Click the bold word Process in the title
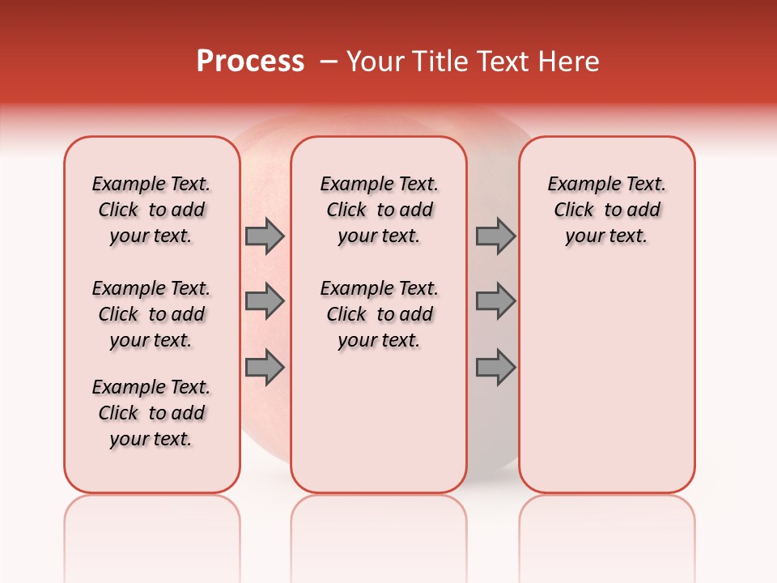coord(250,62)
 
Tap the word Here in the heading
coord(570,62)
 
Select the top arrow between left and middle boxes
coord(265,236)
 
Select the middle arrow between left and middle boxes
coord(265,301)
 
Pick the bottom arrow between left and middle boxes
coord(265,367)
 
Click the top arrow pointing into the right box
coord(495,236)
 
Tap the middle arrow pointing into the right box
coord(495,301)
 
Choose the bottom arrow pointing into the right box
coord(495,367)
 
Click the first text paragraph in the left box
coord(151,210)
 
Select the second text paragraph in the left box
coord(151,314)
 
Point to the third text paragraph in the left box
coord(151,413)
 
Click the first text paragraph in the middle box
coord(379,210)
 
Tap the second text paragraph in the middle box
coord(379,314)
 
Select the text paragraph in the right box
coord(606,210)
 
